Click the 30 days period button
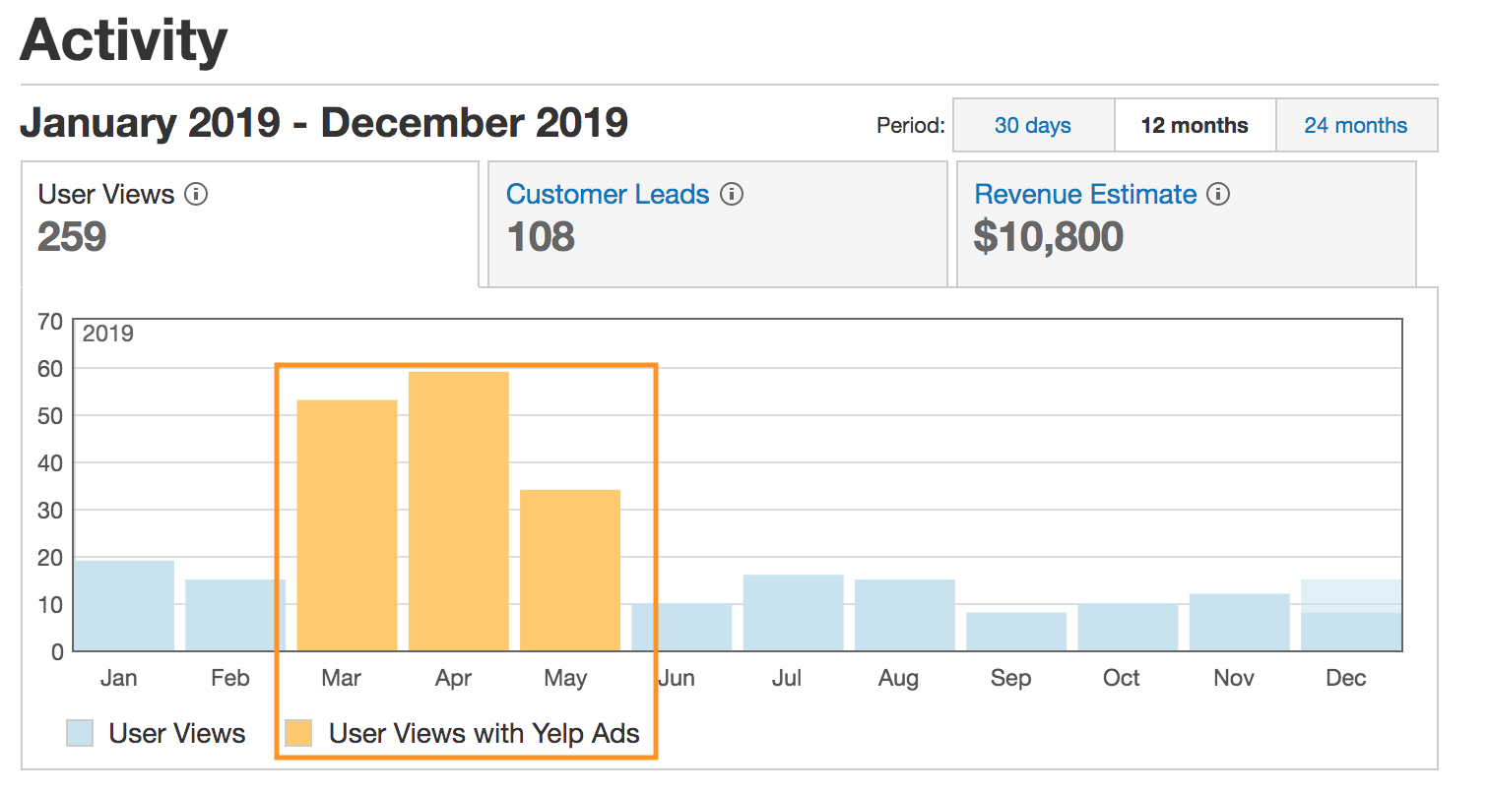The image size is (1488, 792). coord(1032,126)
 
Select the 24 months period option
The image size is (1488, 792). coord(1355,126)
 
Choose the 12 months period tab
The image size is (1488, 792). coord(1194,126)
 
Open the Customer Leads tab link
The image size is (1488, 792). coord(608,195)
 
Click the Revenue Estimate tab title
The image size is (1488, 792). coord(1085,195)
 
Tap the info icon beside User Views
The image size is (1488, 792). coord(197,195)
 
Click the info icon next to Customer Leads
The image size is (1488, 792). coord(732,195)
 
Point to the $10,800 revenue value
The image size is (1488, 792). coord(1048,237)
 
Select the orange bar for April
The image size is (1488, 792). coord(458,511)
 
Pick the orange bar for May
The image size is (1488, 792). coord(570,570)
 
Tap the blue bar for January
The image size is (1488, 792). coord(124,605)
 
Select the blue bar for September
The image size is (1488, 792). coord(1015,631)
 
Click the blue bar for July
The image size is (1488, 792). coord(793,612)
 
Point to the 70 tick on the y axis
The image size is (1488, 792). coord(49,321)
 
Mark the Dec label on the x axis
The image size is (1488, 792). coord(1345,678)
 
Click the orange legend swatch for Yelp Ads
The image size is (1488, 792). coord(297,733)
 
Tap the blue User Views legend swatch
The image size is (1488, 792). coord(80,733)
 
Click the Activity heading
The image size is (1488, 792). coord(124,40)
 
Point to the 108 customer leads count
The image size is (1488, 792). coord(541,237)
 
